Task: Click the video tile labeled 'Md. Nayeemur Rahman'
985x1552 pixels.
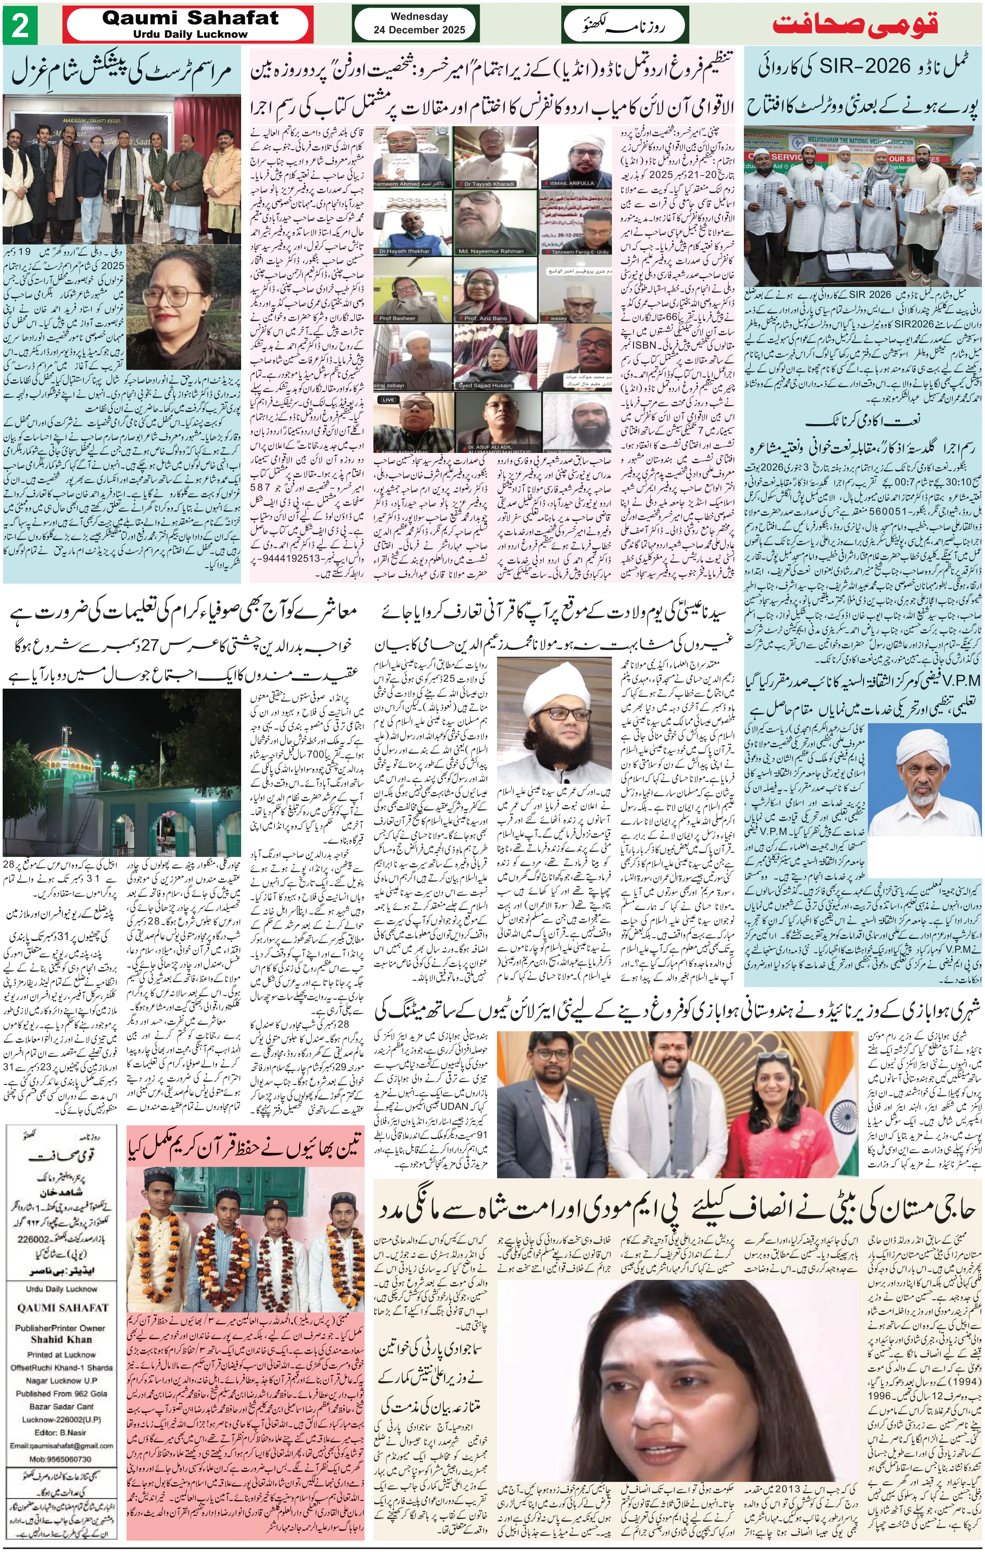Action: tap(493, 223)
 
